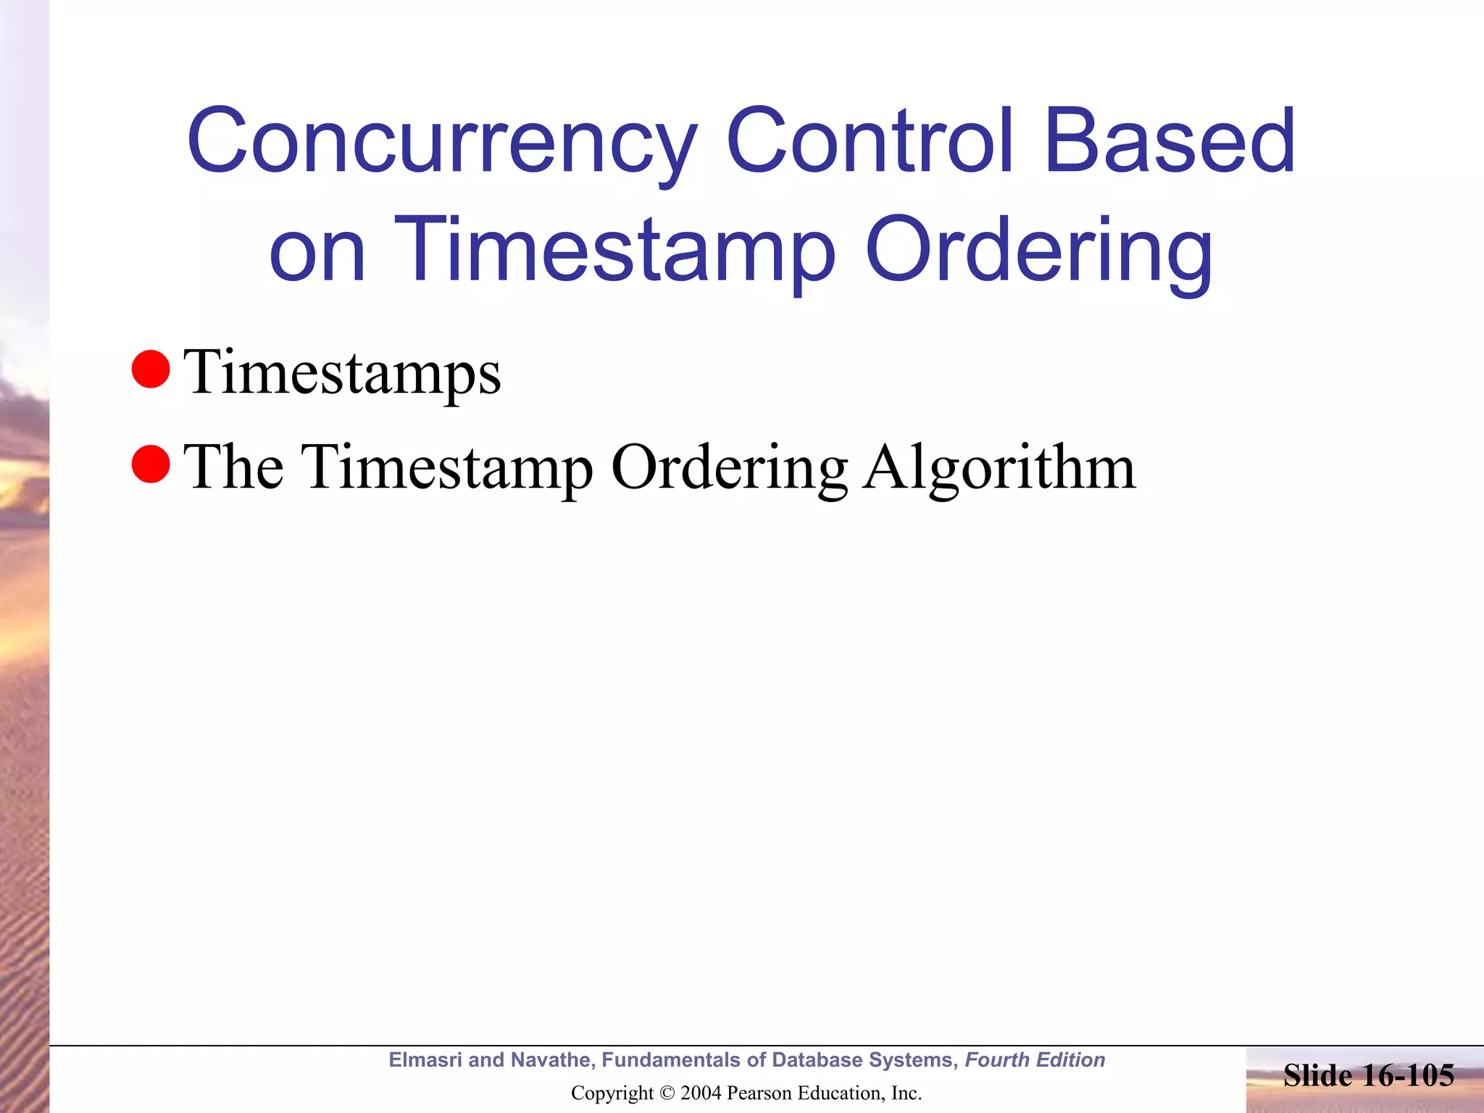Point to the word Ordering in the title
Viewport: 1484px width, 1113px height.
tap(1039, 250)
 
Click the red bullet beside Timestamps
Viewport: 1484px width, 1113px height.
tap(151, 370)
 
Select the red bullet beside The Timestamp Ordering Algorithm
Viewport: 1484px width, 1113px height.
tap(151, 464)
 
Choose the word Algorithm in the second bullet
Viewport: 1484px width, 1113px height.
tap(999, 467)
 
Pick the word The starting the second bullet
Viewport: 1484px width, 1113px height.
tap(233, 467)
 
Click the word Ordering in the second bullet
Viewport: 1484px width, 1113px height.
tap(730, 467)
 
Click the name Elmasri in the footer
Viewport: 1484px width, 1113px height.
tap(425, 1060)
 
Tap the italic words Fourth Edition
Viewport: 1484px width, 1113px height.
tap(1035, 1060)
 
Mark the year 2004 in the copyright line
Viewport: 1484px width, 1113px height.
tap(701, 1093)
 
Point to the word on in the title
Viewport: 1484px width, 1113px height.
tap(317, 250)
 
